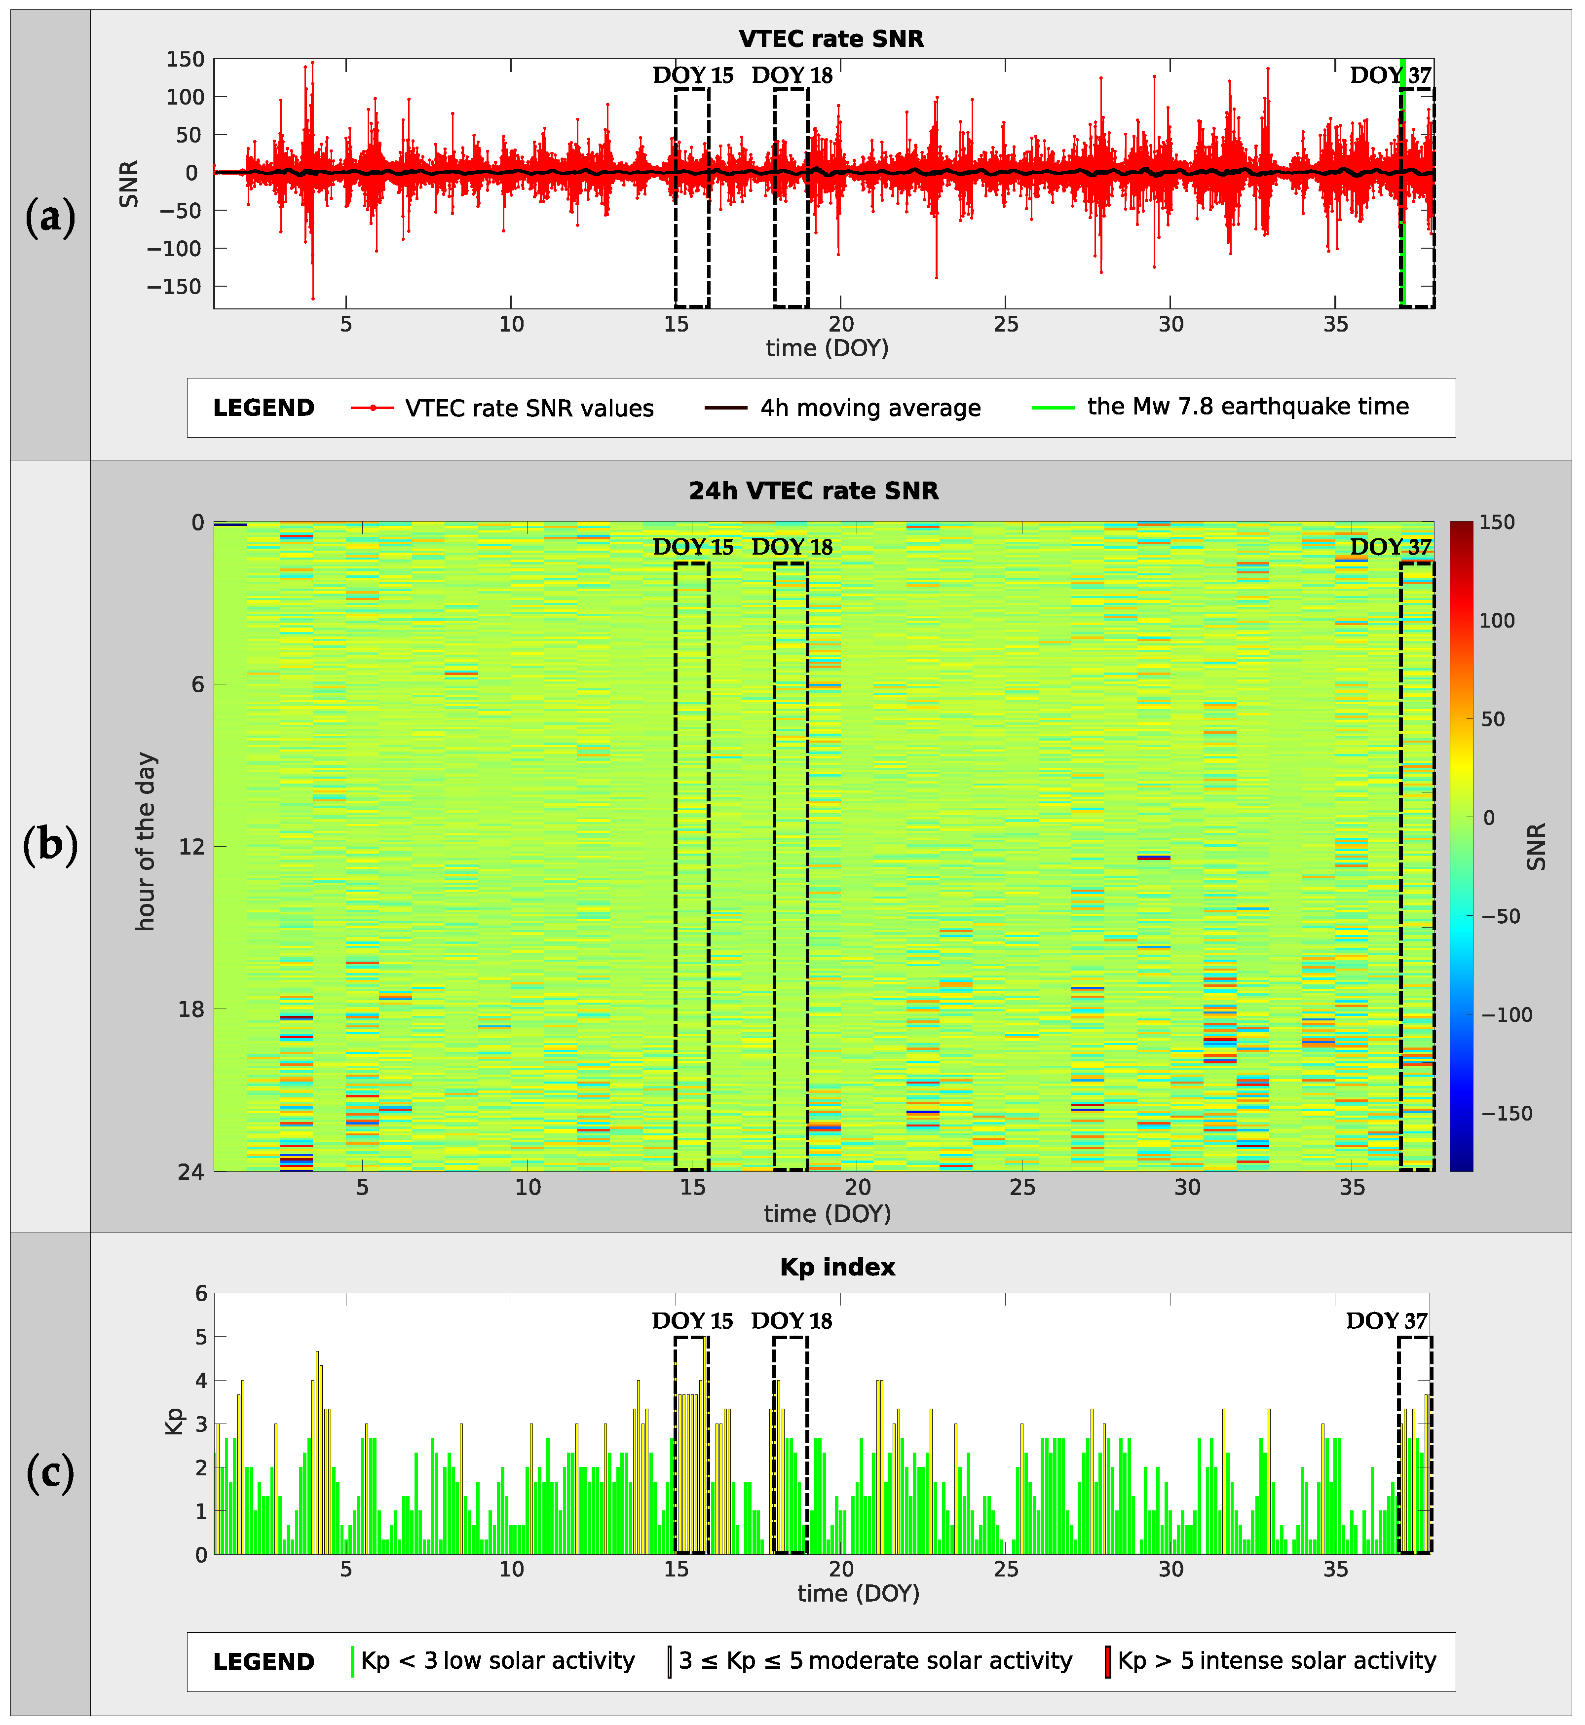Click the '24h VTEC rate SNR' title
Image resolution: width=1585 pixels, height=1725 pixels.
[813, 491]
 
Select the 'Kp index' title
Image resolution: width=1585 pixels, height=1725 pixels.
[837, 1268]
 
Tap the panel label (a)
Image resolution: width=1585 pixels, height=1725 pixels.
[50, 217]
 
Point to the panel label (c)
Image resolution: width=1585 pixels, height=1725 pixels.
[50, 1474]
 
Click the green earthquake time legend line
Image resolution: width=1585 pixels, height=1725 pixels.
[1053, 408]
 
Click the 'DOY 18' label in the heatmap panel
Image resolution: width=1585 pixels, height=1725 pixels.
[792, 547]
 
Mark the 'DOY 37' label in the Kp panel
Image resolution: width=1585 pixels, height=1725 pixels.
[1386, 1321]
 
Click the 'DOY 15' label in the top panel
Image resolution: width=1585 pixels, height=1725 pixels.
[692, 75]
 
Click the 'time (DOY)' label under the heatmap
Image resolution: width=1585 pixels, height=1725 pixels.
[827, 1214]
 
